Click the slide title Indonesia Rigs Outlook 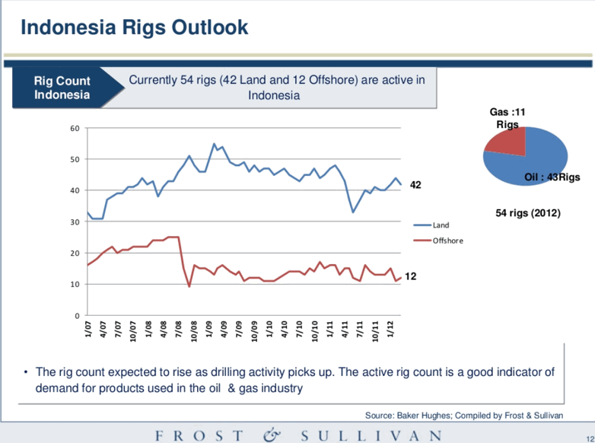(134, 28)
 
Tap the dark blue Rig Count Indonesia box (62, 88)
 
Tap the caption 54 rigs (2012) (527, 213)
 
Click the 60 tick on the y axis (75, 128)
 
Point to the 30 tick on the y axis (75, 221)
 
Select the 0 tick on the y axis (78, 315)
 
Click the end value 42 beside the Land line (415, 185)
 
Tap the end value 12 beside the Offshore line (411, 279)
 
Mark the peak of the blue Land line (214, 143)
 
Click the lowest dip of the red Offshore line (189, 286)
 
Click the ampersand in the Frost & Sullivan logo (273, 435)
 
